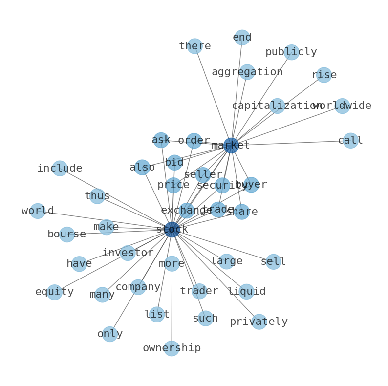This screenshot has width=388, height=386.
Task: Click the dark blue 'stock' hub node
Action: [x=172, y=230]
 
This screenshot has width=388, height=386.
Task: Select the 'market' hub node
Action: [x=231, y=145]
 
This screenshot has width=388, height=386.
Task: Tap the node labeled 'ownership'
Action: [x=172, y=348]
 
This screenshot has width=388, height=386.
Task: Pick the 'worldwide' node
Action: [x=343, y=106]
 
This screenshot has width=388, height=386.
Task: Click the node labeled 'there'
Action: [x=195, y=46]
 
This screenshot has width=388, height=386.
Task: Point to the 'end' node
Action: [x=242, y=38]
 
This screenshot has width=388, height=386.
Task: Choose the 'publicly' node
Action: [x=291, y=52]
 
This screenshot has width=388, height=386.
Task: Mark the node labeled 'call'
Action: [x=350, y=141]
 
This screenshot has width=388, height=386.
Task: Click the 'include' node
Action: [x=60, y=169]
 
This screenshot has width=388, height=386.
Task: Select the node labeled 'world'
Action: [x=38, y=211]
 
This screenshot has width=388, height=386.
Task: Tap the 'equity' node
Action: [x=54, y=292]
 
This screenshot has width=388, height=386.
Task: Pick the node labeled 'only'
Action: [x=110, y=334]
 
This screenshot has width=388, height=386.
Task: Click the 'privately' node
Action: [x=259, y=322]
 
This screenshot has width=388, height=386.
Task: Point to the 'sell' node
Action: [x=273, y=262]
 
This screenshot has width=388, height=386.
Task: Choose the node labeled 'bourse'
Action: [x=67, y=235]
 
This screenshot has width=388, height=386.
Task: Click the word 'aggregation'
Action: [x=247, y=72]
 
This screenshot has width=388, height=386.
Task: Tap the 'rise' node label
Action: [x=324, y=75]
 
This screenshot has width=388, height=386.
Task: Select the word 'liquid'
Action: [x=247, y=292]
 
